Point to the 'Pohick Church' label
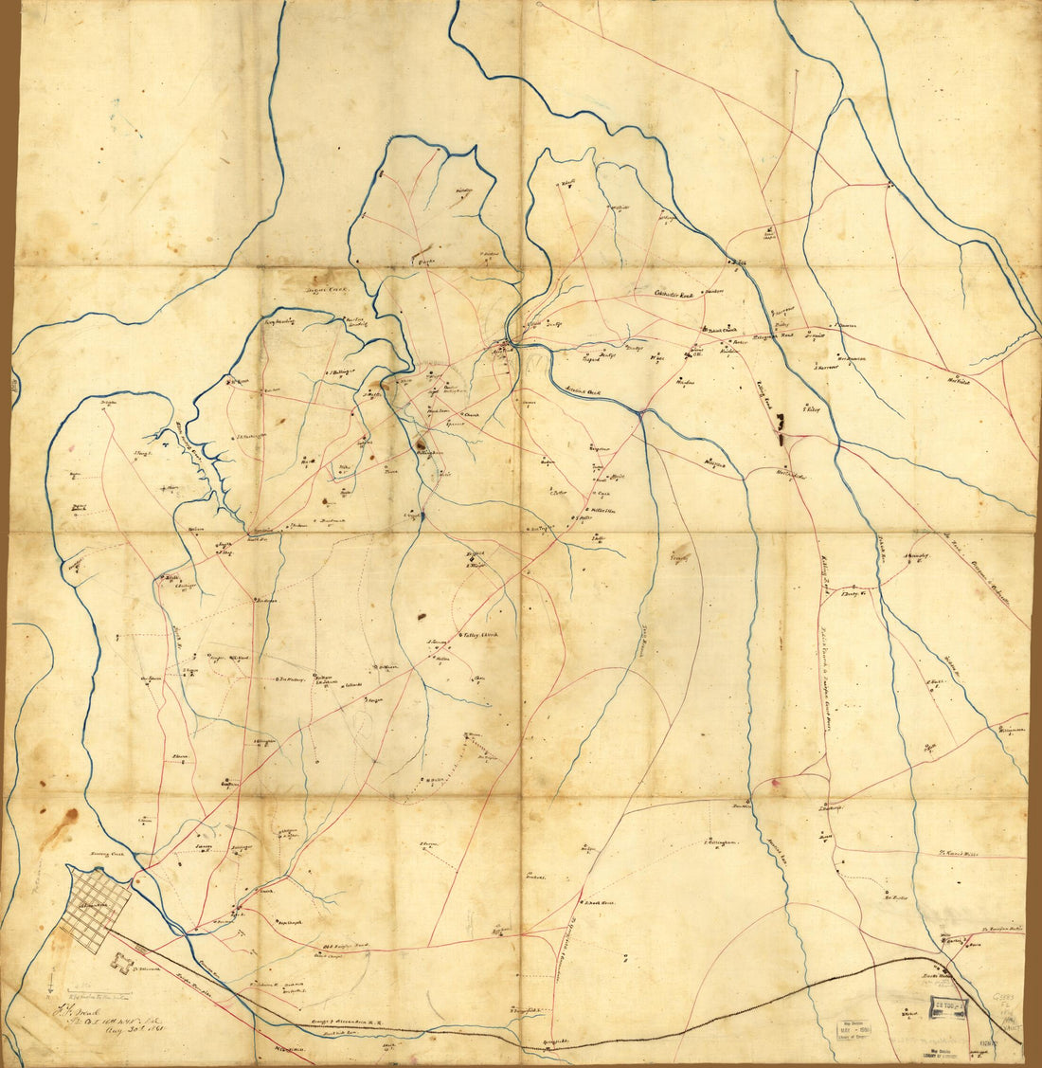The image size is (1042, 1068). point(717,330)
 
